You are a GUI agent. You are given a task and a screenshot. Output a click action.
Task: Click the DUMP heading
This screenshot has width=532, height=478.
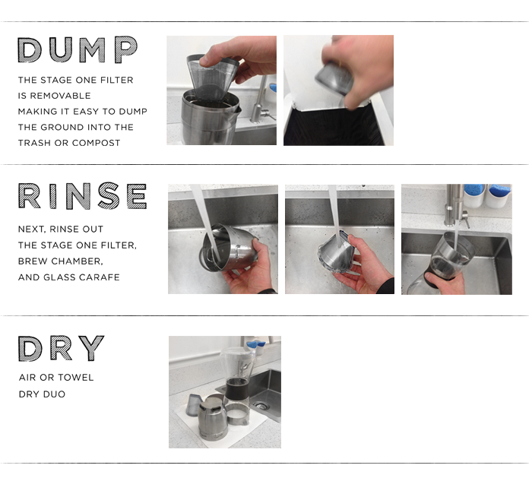pos(78,49)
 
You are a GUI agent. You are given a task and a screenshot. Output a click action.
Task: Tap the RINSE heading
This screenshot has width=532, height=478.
pos(82,196)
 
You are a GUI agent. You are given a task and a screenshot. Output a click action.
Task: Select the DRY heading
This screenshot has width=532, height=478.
pos(61,348)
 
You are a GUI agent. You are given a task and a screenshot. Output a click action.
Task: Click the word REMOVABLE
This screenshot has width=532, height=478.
pos(60,96)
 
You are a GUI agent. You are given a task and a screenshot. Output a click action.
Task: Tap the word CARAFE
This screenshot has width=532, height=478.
pos(103,277)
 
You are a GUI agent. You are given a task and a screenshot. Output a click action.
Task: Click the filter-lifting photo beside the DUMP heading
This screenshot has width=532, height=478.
pos(222,90)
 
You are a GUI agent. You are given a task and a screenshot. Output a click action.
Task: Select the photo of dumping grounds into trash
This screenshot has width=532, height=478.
pos(339,90)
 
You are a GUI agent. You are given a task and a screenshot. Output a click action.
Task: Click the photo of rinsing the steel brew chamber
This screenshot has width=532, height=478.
pos(223,239)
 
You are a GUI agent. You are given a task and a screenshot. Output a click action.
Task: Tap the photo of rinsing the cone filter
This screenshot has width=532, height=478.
pos(340,239)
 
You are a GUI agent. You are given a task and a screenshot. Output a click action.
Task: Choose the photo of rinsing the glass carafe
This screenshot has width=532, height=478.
pos(457,239)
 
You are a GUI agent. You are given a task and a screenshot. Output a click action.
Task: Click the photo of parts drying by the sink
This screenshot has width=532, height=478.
pos(225,392)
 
